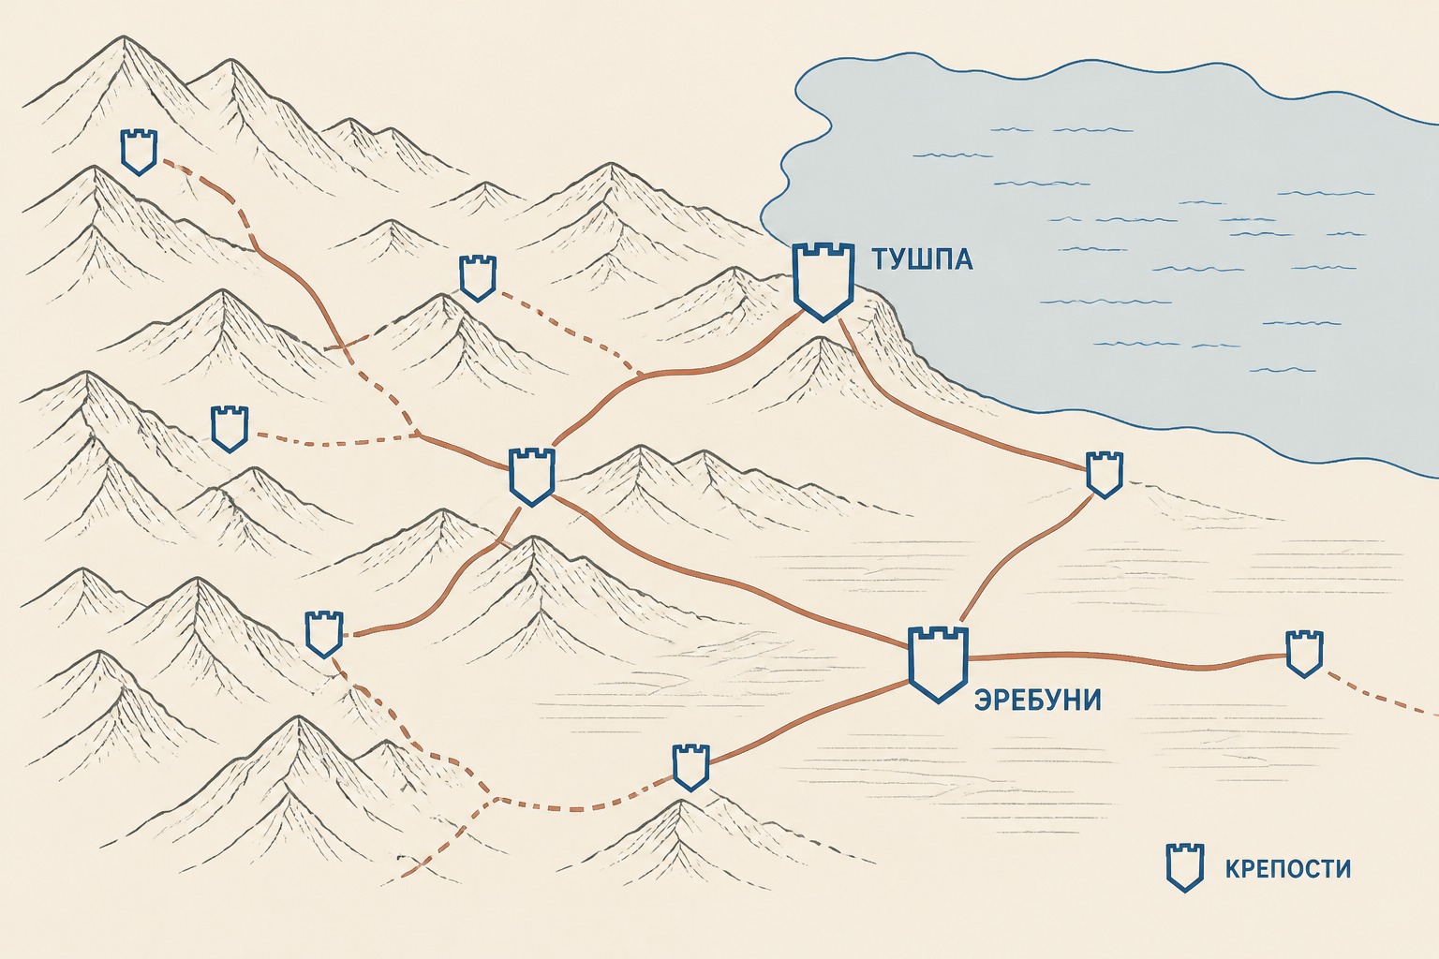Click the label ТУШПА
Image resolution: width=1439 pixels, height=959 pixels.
[x=922, y=259]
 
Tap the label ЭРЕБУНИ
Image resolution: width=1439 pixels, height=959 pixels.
[x=1037, y=700]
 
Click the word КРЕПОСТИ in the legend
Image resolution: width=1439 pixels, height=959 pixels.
[x=1288, y=868]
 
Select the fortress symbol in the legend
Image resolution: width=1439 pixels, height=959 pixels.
[x=1185, y=868]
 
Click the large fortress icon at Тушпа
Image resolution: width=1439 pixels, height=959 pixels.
[x=823, y=282]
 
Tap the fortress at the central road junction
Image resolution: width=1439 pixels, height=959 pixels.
[x=531, y=478]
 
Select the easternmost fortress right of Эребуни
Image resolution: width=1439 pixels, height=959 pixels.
[x=1304, y=654]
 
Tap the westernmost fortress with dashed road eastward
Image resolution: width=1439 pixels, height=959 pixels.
[x=230, y=429]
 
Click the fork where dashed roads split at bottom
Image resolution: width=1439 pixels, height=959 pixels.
[x=496, y=799]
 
